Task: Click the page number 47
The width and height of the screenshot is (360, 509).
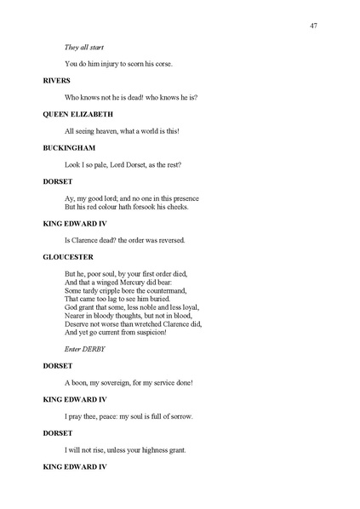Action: click(x=314, y=26)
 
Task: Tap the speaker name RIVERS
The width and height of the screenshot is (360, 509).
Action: click(x=56, y=80)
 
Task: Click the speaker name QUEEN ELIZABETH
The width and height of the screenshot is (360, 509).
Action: click(x=78, y=113)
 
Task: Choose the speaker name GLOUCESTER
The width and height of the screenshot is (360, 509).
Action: click(x=67, y=256)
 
